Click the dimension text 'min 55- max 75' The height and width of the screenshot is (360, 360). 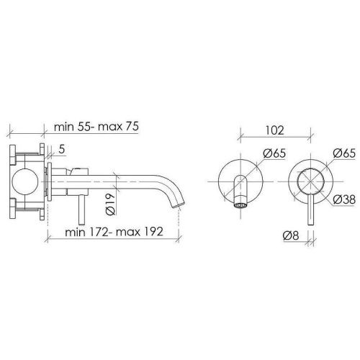tap(96, 127)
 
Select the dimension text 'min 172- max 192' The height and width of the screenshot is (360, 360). tap(114, 232)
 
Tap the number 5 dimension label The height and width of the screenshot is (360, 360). tap(62, 150)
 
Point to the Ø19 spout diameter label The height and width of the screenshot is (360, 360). tap(110, 204)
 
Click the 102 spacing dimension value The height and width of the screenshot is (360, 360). tap(275, 130)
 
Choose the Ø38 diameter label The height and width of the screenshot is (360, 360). tap(344, 199)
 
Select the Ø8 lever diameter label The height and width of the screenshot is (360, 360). tap(291, 235)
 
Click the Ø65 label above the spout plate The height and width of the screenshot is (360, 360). tap(274, 153)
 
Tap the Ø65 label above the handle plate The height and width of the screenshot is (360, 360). tap(344, 153)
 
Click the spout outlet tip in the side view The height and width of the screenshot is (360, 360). tap(179, 204)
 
